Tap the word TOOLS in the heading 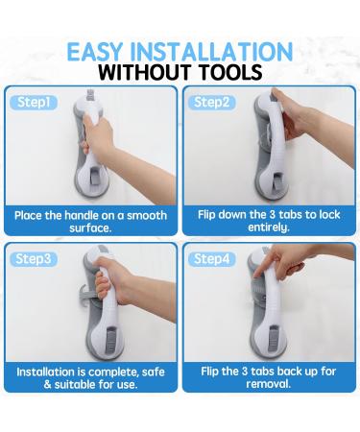[228, 73]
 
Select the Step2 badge [213, 102]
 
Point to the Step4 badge [213, 259]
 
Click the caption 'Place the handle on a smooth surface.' [91, 222]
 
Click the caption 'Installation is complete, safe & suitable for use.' [91, 377]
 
